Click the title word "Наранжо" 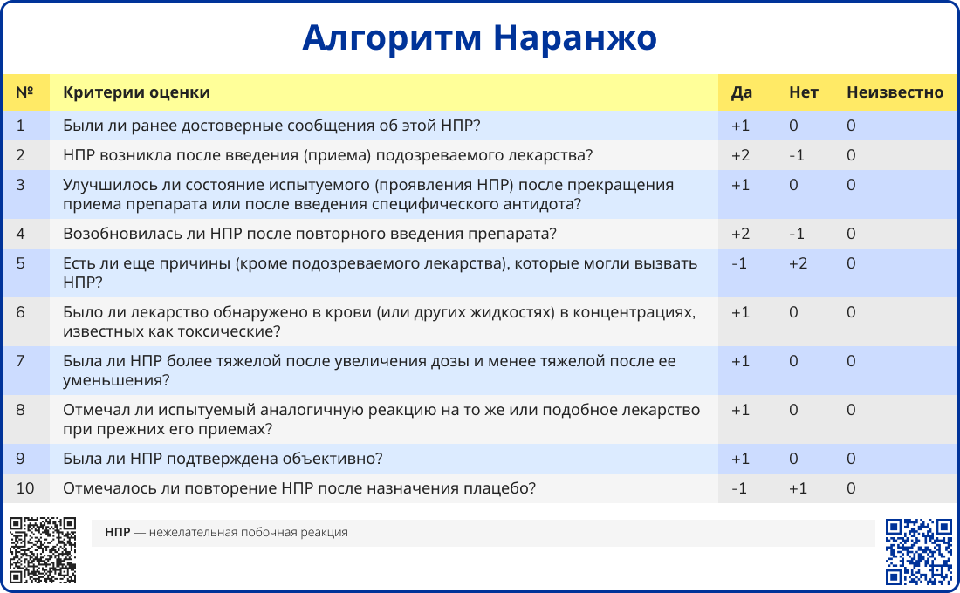click(575, 37)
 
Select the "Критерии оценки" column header click(136, 92)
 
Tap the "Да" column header click(742, 92)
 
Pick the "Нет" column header click(803, 92)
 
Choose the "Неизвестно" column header click(895, 92)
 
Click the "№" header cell click(24, 92)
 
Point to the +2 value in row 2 click(740, 155)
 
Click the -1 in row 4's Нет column click(797, 234)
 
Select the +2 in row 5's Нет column click(798, 263)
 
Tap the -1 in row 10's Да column click(739, 488)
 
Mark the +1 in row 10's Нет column click(798, 488)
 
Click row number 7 click(20, 361)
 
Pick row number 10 click(25, 488)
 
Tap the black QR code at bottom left click(43, 550)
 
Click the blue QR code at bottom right click(919, 552)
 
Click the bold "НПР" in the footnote click(117, 533)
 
